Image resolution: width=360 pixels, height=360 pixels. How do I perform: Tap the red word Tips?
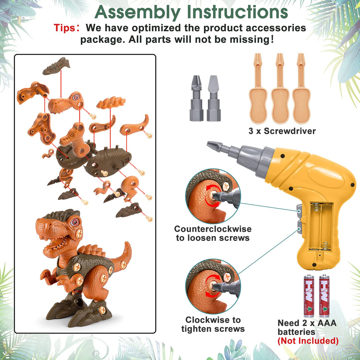[x=65, y=27]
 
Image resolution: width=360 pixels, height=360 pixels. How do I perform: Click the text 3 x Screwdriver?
[x=282, y=131]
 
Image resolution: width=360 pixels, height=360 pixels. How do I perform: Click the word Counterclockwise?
[x=213, y=229]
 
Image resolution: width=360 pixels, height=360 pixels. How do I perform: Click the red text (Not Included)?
[x=308, y=341]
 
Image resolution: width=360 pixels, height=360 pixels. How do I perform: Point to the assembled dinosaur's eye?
[x=75, y=221]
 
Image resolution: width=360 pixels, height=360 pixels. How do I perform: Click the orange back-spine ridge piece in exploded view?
[x=111, y=103]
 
